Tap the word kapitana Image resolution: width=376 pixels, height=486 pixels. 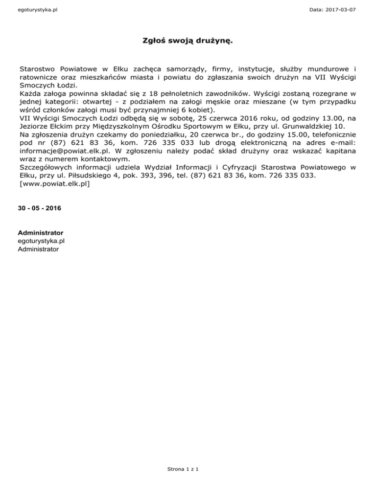[x=338, y=152]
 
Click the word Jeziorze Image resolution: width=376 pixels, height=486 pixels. [x=35, y=127]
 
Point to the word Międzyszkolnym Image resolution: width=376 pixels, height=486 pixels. [x=125, y=127]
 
